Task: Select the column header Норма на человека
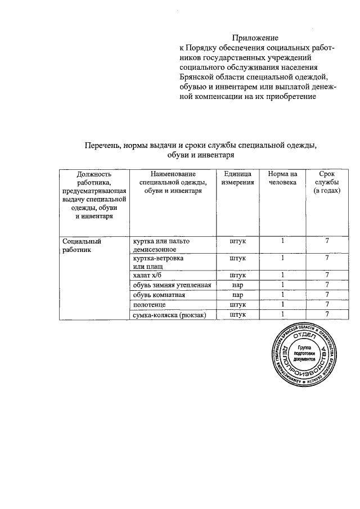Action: click(282, 178)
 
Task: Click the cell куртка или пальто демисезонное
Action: click(161, 245)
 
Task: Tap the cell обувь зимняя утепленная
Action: click(171, 285)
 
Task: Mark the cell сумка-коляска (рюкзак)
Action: click(169, 315)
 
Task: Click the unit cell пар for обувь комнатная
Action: click(237, 295)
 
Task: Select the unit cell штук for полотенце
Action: click(237, 305)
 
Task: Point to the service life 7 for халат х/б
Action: click(326, 276)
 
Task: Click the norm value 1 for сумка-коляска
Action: click(282, 315)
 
